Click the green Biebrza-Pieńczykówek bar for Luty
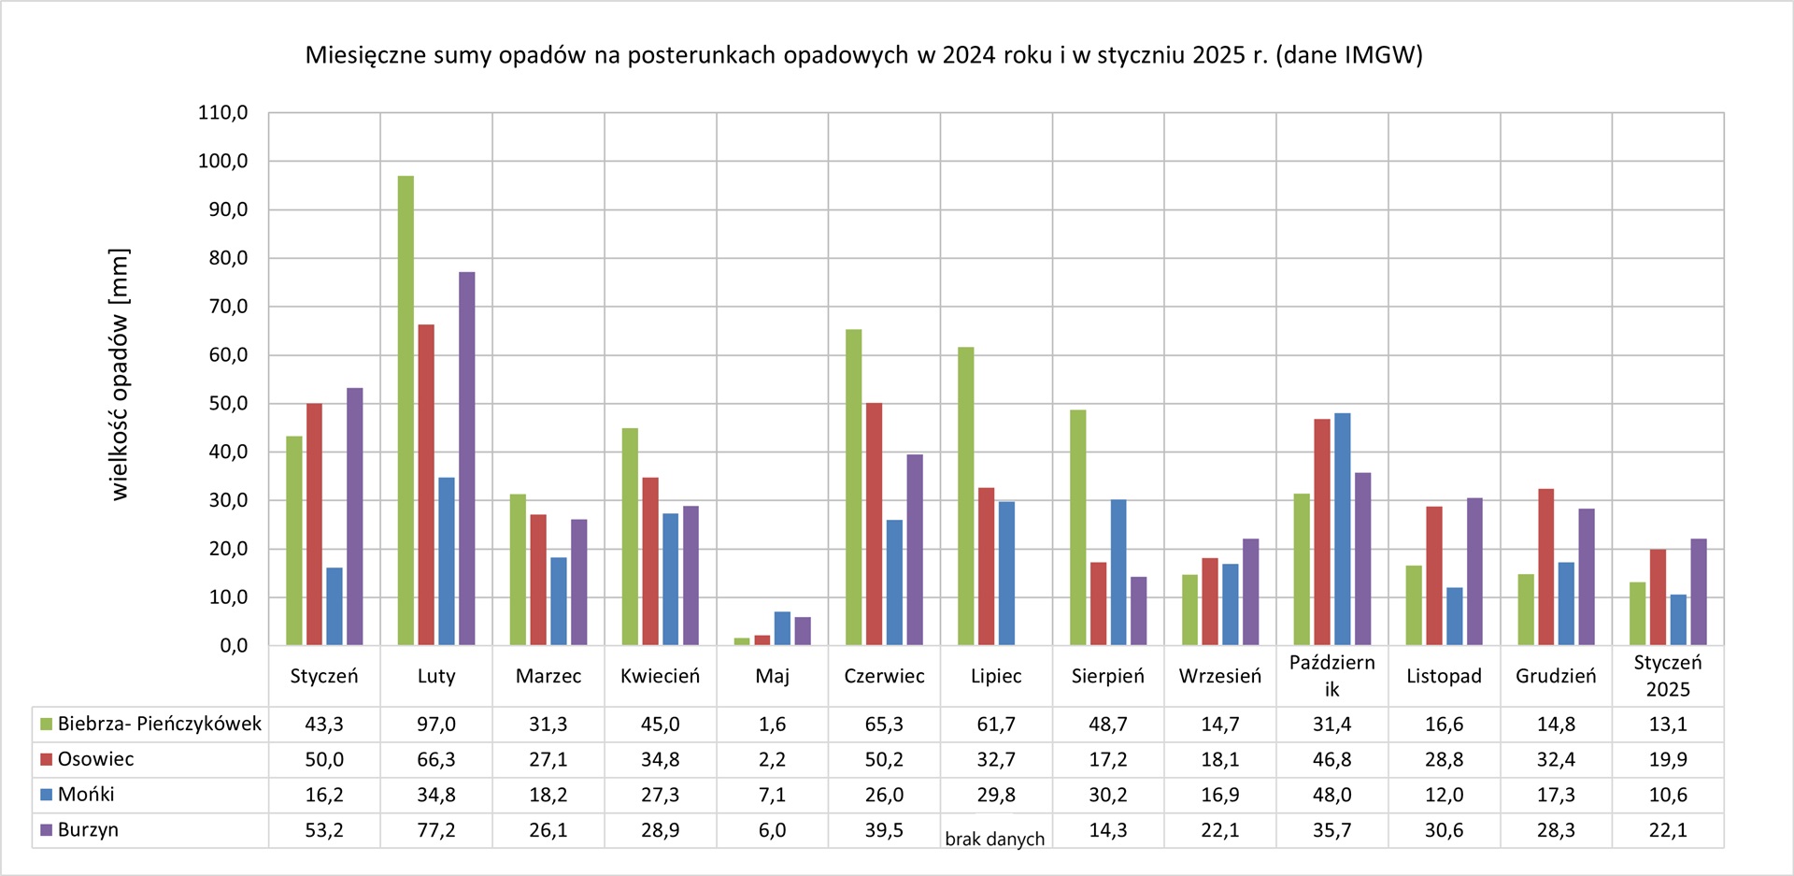point(406,411)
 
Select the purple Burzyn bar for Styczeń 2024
point(355,516)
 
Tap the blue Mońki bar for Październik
point(1343,529)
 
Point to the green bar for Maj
point(742,641)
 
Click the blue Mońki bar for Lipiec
point(1006,573)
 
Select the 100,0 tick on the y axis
point(222,161)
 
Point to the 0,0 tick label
point(234,646)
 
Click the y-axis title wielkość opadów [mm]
point(120,374)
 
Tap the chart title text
point(863,55)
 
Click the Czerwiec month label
point(884,676)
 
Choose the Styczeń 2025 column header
point(1668,676)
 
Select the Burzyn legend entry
point(88,830)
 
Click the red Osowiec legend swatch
point(46,759)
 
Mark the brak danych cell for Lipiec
point(995,839)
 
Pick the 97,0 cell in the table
point(436,725)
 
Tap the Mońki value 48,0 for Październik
point(1331,795)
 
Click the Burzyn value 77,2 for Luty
point(436,830)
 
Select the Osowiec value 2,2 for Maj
point(772,759)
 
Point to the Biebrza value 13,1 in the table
point(1668,725)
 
